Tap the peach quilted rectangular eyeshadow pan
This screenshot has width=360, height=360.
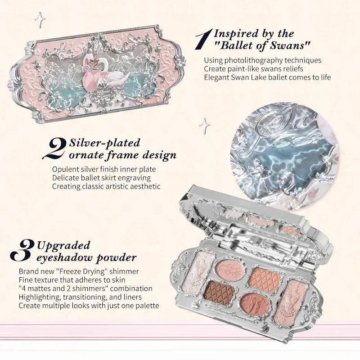coord(265,276)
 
